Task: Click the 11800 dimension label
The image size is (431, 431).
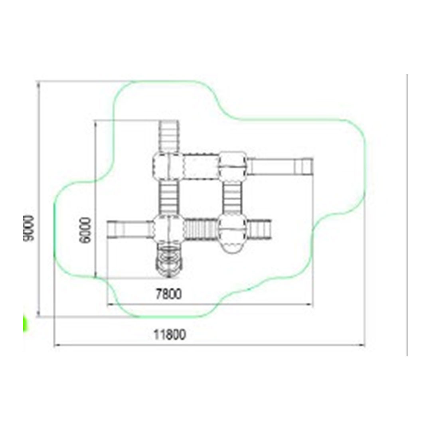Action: click(170, 334)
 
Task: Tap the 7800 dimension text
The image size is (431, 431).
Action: click(169, 294)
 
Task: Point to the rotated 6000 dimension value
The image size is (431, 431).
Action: click(85, 230)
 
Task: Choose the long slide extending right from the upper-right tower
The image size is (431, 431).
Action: click(281, 166)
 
